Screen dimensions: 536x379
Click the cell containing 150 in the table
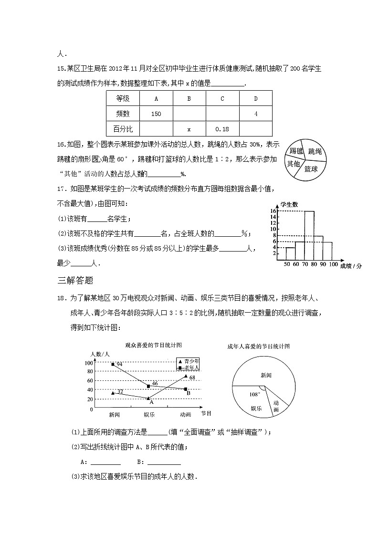pyautogui.click(x=156, y=114)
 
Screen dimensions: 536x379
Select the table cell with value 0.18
pyautogui.click(x=222, y=129)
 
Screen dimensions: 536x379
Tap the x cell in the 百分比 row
pyautogui.click(x=189, y=129)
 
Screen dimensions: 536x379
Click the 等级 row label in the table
pyautogui.click(x=123, y=99)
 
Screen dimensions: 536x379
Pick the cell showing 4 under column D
pyautogui.click(x=256, y=114)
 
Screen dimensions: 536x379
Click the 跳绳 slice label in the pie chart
pyautogui.click(x=315, y=151)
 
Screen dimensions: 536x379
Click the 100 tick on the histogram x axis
pyautogui.click(x=333, y=264)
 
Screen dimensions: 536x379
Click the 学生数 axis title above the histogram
pyautogui.click(x=289, y=204)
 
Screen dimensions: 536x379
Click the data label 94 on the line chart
pyautogui.click(x=120, y=364)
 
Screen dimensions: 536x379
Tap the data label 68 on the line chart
pyautogui.click(x=192, y=378)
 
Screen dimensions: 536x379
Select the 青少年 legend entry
pyautogui.click(x=190, y=361)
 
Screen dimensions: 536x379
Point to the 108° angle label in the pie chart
pyautogui.click(x=254, y=394)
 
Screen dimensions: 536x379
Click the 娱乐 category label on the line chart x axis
pyautogui.click(x=149, y=414)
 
